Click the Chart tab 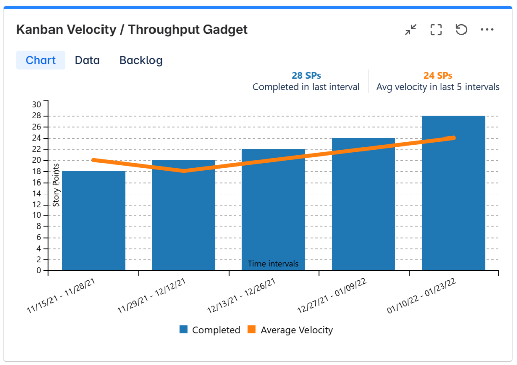(x=40, y=60)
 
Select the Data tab (x=87, y=60)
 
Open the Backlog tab (x=141, y=60)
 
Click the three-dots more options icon (x=487, y=30)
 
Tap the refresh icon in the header (x=461, y=30)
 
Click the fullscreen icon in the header (x=436, y=30)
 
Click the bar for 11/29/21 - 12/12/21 (x=183, y=217)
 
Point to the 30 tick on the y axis (x=37, y=105)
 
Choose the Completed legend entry (x=210, y=330)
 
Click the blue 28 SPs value (x=306, y=76)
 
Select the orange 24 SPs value (x=438, y=76)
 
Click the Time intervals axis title (x=273, y=264)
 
